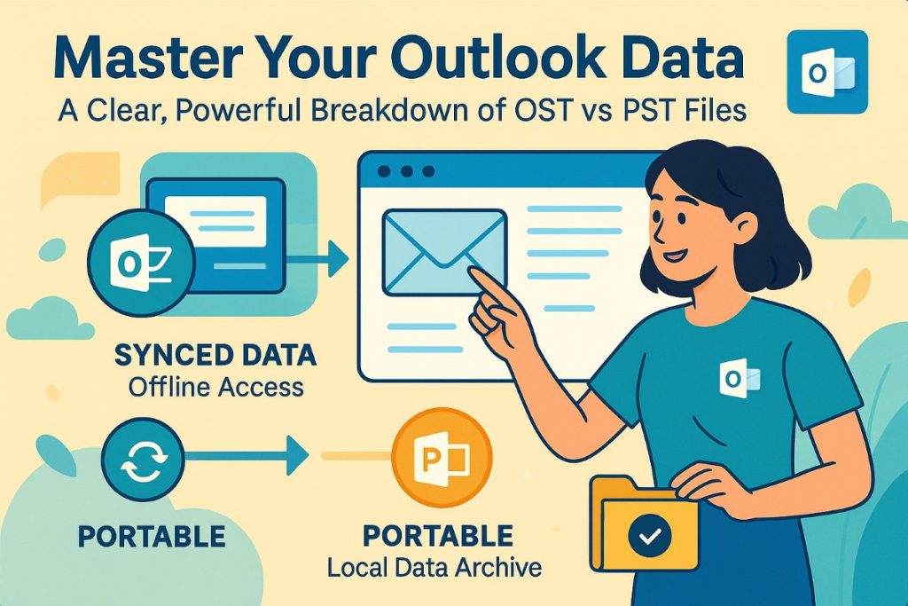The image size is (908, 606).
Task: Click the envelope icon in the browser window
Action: coord(444,251)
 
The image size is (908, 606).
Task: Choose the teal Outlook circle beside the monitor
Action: coord(130,260)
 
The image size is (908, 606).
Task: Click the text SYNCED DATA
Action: coord(215,357)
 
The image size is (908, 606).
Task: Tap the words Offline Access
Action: coord(215,388)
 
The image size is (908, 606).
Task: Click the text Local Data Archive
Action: coord(434,567)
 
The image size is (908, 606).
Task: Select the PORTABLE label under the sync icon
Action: coord(150,535)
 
